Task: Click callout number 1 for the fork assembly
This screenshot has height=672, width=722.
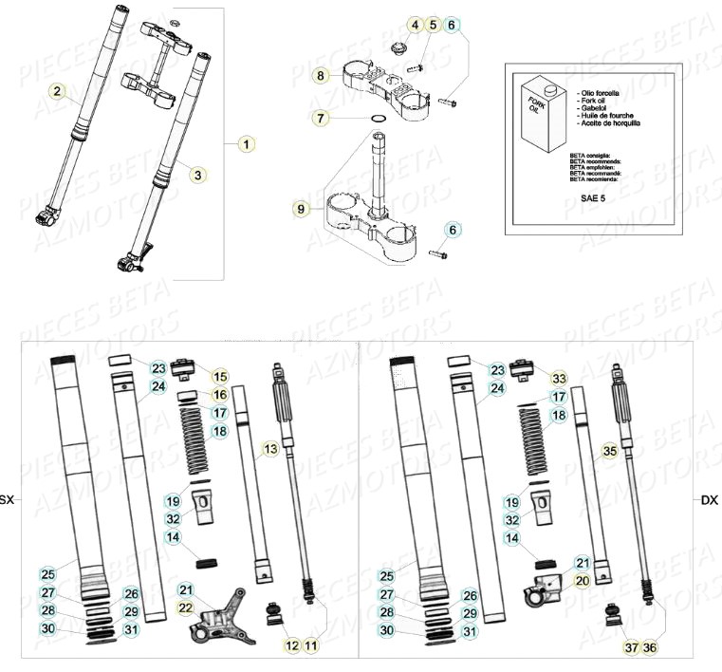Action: (x=247, y=145)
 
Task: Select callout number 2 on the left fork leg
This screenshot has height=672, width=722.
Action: (x=59, y=92)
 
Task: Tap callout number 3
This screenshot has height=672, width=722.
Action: (x=197, y=175)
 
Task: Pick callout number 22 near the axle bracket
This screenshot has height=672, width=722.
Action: (x=186, y=607)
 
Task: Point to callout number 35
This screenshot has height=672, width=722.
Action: (x=609, y=452)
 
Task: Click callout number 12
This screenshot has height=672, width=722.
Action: (x=291, y=646)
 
